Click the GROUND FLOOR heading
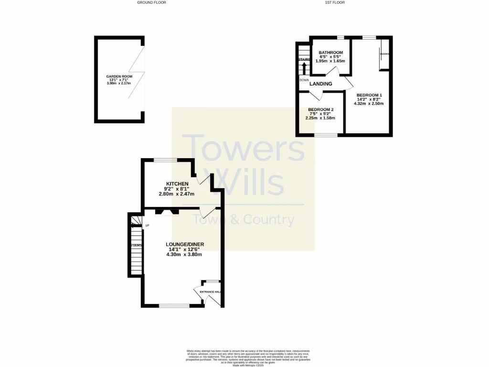click(151, 2)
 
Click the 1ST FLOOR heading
click(335, 2)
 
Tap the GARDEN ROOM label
click(119, 76)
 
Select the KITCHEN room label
click(177, 184)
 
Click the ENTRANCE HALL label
click(210, 291)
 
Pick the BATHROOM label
click(331, 53)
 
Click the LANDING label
click(320, 84)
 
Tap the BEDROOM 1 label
click(369, 95)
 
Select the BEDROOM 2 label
click(320, 109)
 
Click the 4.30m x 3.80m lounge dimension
click(184, 254)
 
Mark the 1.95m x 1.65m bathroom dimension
click(330, 61)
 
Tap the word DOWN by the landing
click(304, 80)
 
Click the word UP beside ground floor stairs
click(147, 226)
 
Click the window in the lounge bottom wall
click(174, 305)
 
